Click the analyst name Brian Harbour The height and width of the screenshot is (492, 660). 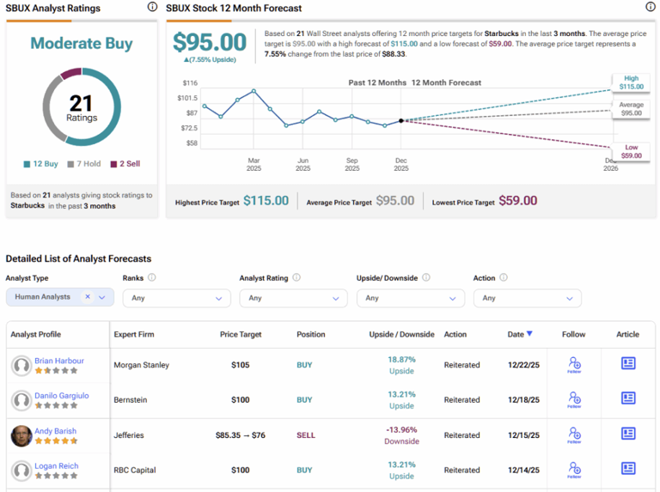[x=59, y=361]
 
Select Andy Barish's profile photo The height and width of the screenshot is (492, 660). [x=21, y=435]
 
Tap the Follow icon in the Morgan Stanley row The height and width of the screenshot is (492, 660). [x=573, y=365]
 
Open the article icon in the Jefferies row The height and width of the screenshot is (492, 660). [x=628, y=434]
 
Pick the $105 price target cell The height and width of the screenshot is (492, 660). [x=240, y=365]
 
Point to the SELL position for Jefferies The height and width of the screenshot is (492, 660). [x=306, y=435]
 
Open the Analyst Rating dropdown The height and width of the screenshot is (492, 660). [x=294, y=298]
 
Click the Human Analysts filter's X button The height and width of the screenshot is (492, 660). [x=88, y=297]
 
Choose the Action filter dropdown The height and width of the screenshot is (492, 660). [x=527, y=298]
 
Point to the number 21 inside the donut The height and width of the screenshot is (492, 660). [x=81, y=103]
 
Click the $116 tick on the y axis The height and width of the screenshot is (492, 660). [x=190, y=83]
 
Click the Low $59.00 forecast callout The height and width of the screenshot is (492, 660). [x=631, y=151]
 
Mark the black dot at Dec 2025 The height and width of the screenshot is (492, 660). [x=401, y=121]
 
